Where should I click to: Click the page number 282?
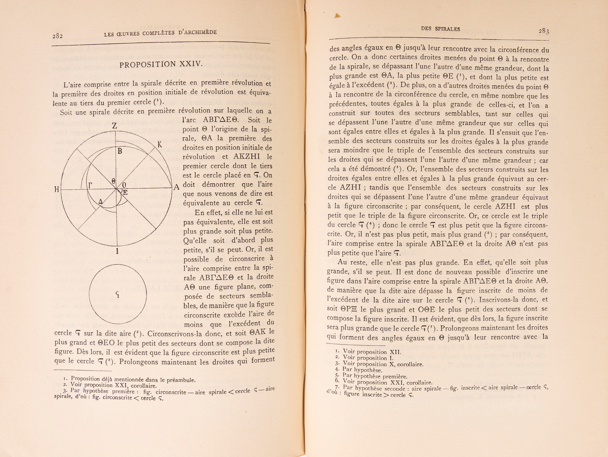[x=58, y=36]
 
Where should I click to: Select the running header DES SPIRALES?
[x=440, y=29]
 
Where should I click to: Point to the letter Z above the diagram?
[x=115, y=126]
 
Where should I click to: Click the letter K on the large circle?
[x=160, y=144]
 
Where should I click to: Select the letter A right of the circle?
[x=176, y=187]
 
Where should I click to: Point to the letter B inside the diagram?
[x=120, y=151]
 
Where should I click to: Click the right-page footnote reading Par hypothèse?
[x=362, y=370]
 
